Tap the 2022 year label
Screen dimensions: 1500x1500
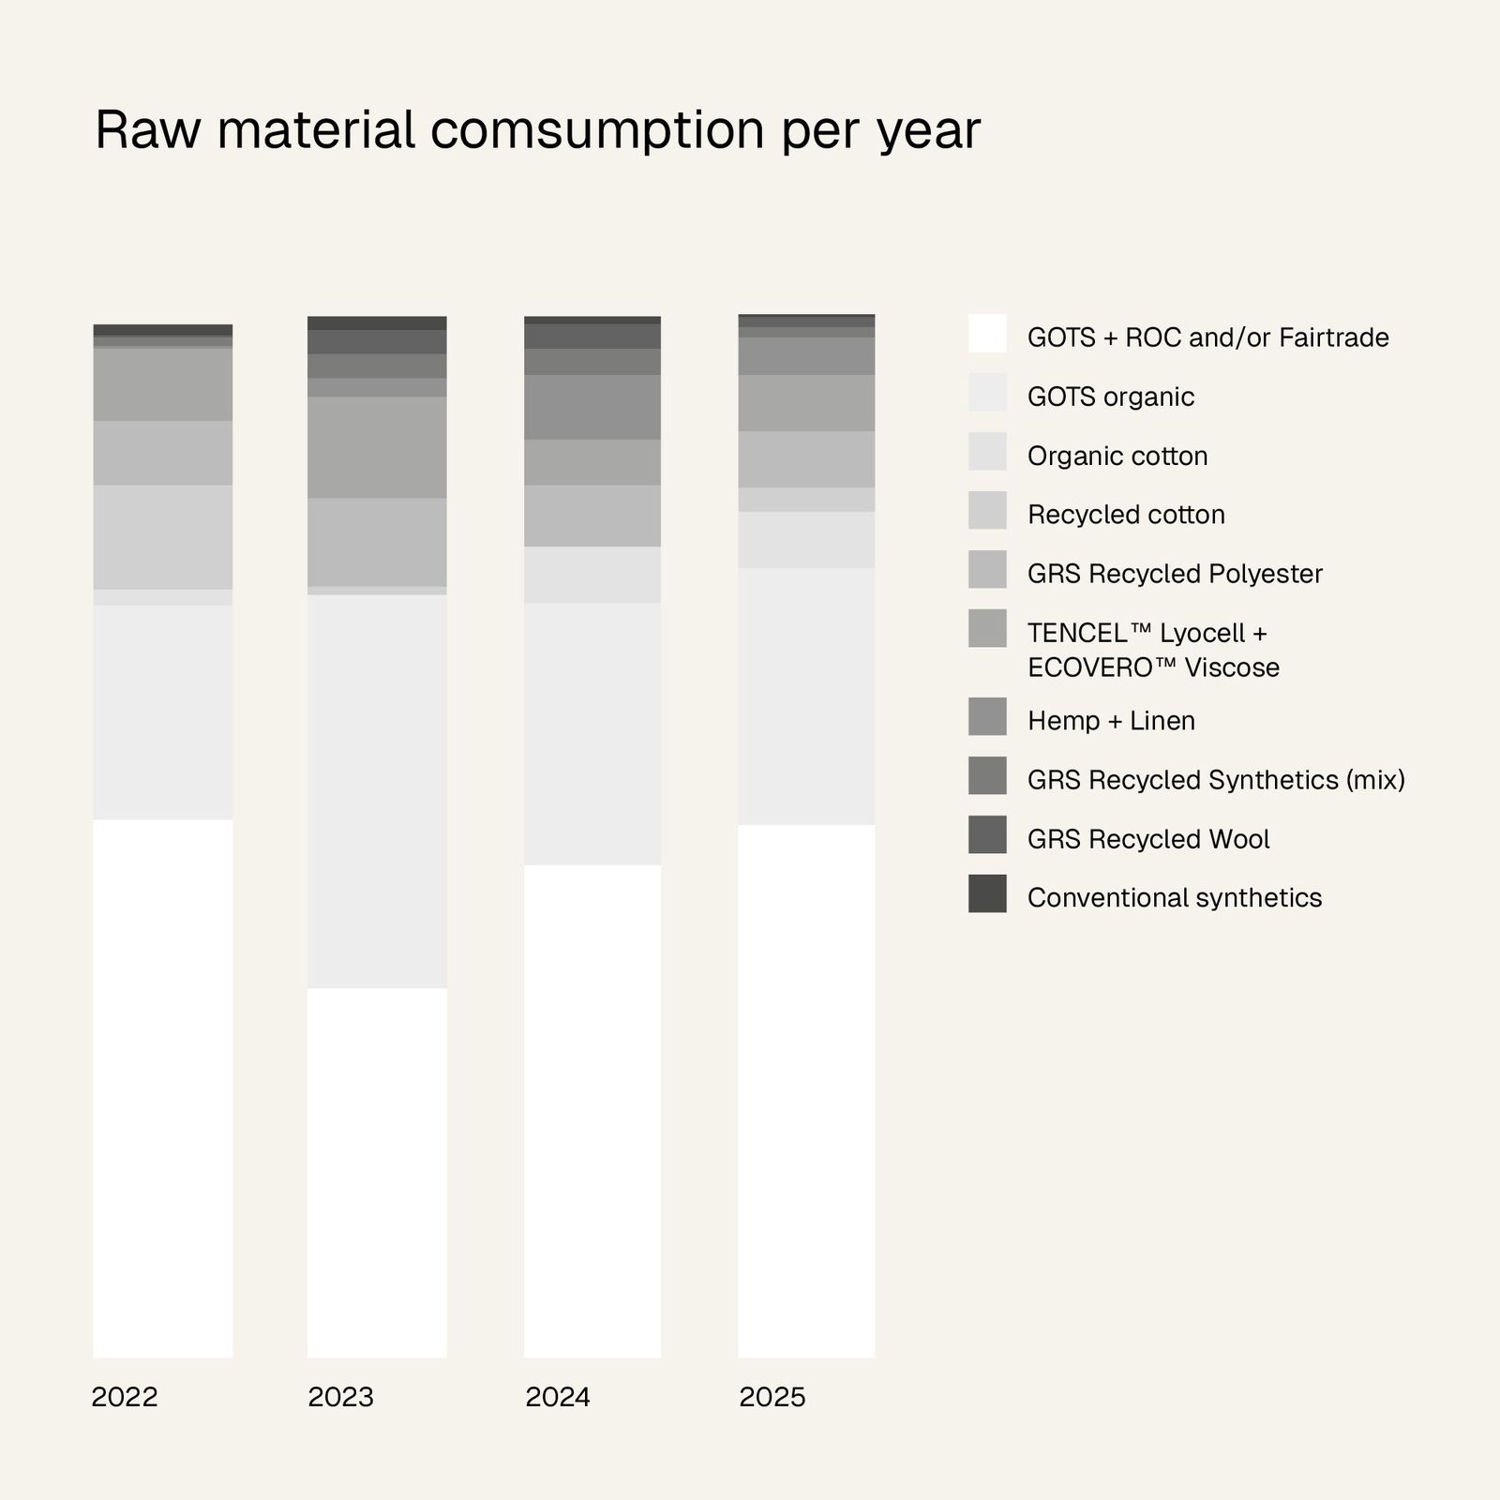click(x=125, y=1398)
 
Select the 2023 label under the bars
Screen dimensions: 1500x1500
click(x=340, y=1398)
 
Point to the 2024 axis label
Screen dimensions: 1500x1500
click(x=558, y=1398)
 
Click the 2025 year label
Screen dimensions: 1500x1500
click(x=772, y=1398)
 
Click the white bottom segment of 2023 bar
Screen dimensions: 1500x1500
click(x=377, y=1172)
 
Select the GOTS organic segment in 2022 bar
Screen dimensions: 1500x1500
click(x=163, y=712)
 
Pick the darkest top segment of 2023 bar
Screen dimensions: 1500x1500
click(x=377, y=322)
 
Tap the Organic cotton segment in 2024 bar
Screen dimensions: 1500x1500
click(x=592, y=575)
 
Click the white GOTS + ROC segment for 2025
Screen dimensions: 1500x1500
click(x=806, y=1087)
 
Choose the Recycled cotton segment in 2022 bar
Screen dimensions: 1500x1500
click(x=163, y=536)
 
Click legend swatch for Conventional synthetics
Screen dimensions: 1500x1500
click(x=987, y=893)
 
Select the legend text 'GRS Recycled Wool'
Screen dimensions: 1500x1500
click(x=1148, y=839)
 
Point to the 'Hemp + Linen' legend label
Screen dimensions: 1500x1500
click(x=1111, y=721)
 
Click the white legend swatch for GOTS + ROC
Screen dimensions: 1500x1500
click(x=987, y=333)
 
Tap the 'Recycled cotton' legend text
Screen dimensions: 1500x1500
click(x=1126, y=515)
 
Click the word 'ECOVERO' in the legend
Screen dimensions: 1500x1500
click(x=1089, y=667)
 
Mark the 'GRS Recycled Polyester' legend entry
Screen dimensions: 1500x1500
click(x=1175, y=574)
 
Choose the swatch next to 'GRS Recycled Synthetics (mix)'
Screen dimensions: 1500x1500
click(x=987, y=775)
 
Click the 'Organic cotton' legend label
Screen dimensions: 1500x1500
click(x=1117, y=457)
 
